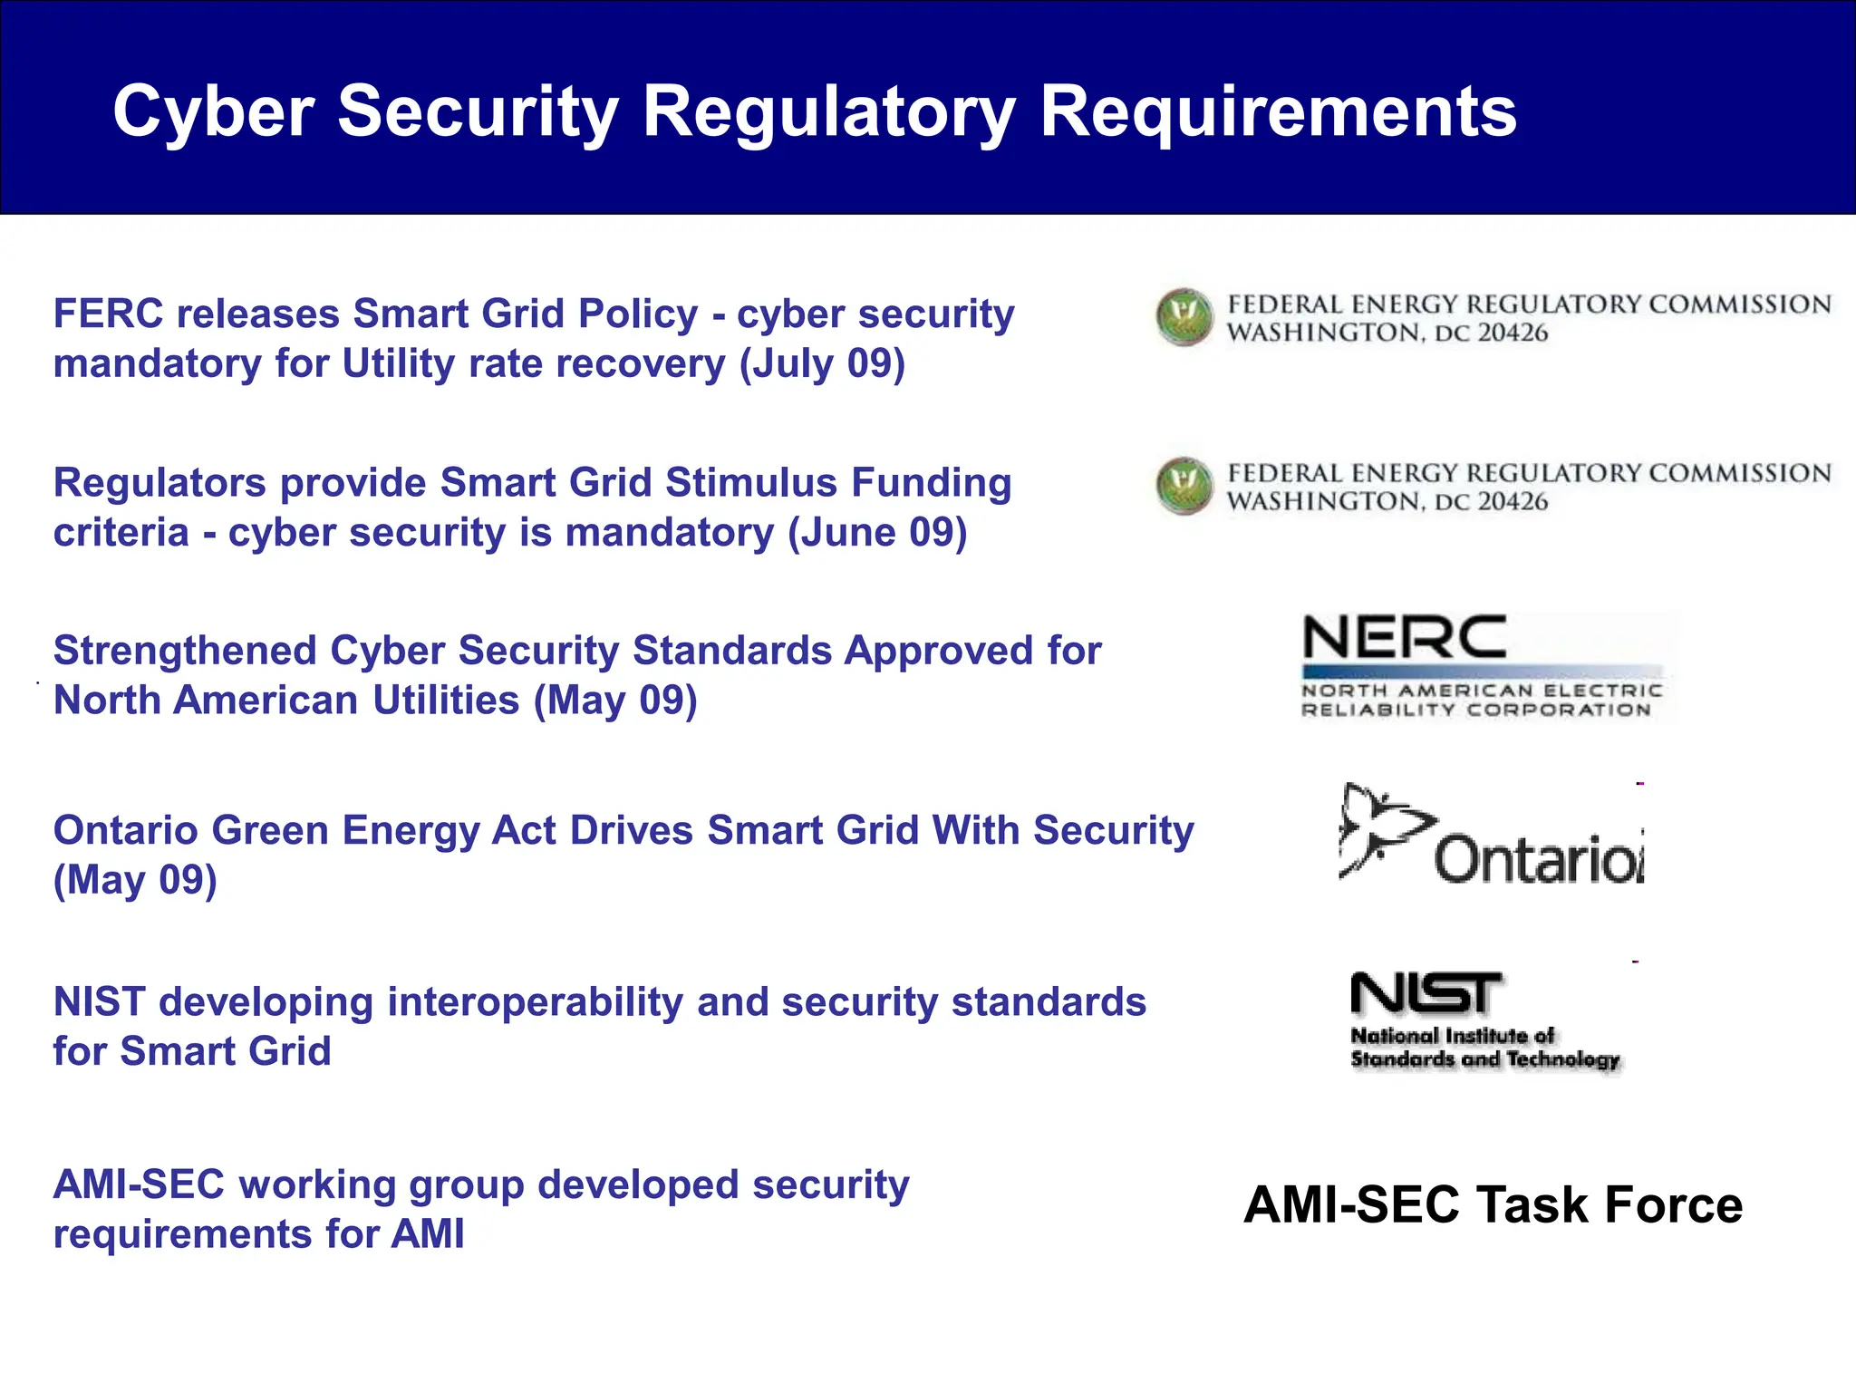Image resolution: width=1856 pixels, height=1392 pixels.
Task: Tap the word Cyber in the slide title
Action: [213, 112]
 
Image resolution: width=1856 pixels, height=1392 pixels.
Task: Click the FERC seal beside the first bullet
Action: [1184, 317]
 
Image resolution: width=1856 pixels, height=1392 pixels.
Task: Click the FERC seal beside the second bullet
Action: [1184, 487]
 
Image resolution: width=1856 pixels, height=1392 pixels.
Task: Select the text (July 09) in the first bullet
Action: [822, 364]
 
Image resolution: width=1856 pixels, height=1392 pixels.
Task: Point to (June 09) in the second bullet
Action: [877, 533]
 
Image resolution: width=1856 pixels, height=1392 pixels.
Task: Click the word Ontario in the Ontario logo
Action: [1537, 859]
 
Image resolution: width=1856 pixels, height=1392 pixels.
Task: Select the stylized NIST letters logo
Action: [1426, 993]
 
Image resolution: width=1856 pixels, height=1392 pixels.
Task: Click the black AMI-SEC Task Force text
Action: [1493, 1205]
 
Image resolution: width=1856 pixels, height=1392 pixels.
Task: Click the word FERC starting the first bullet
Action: [108, 314]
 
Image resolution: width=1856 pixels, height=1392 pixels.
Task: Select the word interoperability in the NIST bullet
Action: [535, 1002]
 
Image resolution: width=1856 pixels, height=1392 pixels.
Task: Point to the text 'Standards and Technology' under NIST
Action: [1484, 1059]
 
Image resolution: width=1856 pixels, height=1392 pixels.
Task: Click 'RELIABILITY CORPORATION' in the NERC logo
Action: [1476, 710]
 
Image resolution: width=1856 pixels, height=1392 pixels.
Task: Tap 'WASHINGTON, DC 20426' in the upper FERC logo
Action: [1387, 333]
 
